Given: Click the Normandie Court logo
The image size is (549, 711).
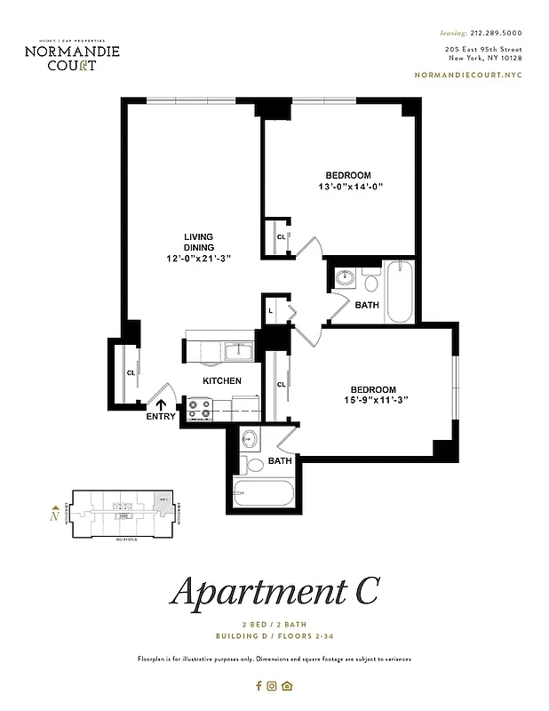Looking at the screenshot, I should (72, 56).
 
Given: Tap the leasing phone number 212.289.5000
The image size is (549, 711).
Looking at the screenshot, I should (491, 32).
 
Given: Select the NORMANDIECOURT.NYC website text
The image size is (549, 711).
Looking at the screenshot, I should (468, 76).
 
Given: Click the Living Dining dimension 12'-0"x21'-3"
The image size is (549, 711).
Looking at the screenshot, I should (198, 259).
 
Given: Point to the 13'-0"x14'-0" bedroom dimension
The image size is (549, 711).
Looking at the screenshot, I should (348, 187).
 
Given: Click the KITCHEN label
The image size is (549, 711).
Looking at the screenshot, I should (222, 380).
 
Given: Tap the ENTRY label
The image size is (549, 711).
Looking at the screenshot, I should (160, 417).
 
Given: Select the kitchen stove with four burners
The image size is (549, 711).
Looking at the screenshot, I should (199, 409).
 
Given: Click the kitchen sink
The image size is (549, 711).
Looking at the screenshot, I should (238, 352).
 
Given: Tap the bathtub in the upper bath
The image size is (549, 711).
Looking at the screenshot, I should (400, 292).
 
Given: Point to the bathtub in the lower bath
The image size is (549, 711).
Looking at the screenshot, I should (262, 493).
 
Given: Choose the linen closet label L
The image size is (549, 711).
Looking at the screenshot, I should (271, 311).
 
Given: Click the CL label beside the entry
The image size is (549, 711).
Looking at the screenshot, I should (131, 373).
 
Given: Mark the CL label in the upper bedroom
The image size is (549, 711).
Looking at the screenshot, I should (281, 237).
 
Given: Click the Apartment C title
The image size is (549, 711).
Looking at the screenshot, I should (274, 593).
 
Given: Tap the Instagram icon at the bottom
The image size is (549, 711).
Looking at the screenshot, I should (273, 685).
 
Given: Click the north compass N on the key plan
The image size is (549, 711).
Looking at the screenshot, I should (54, 514).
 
